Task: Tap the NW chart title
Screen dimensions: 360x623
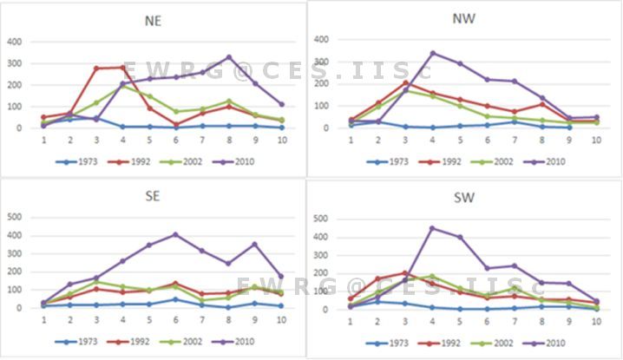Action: click(464, 18)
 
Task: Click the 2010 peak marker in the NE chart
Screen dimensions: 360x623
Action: click(228, 57)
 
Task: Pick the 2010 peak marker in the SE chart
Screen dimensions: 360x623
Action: click(175, 234)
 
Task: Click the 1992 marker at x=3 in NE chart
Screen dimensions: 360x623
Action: click(97, 69)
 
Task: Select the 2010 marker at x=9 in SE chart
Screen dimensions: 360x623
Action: click(255, 244)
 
